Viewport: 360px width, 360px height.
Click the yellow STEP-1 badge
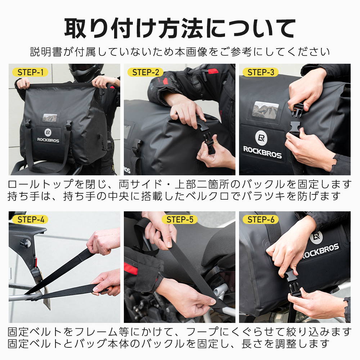coord(30,72)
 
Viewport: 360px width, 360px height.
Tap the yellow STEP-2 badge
coord(145,72)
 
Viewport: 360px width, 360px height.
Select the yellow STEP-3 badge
coord(261,72)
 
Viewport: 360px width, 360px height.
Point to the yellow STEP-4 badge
coord(30,220)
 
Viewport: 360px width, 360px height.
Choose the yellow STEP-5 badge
coord(180,220)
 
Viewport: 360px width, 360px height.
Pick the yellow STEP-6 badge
coord(261,220)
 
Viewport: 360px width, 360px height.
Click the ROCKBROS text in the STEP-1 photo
coord(48,140)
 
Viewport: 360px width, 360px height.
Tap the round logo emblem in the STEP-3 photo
coord(261,138)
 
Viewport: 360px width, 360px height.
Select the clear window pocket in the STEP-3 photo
coord(265,110)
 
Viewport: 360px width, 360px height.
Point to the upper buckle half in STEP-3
coord(298,109)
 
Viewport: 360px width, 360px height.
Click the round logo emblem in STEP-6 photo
coord(316,237)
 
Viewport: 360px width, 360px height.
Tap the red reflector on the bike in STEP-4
coord(36,262)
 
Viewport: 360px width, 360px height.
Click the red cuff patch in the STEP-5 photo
coord(131,269)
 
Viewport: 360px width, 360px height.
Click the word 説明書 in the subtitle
coord(46,52)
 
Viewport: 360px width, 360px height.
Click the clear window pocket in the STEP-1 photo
coord(50,118)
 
